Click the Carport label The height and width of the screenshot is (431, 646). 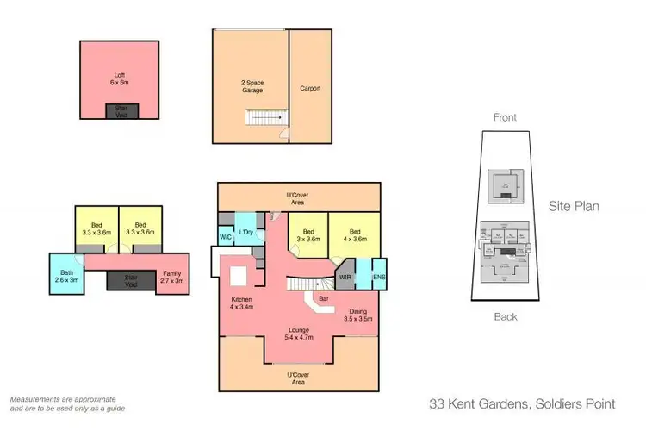(x=310, y=88)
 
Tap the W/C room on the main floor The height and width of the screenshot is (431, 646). (x=226, y=236)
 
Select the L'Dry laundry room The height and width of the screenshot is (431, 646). (x=245, y=232)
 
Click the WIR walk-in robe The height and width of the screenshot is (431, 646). (x=345, y=278)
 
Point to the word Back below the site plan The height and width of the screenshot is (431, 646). (x=506, y=317)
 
